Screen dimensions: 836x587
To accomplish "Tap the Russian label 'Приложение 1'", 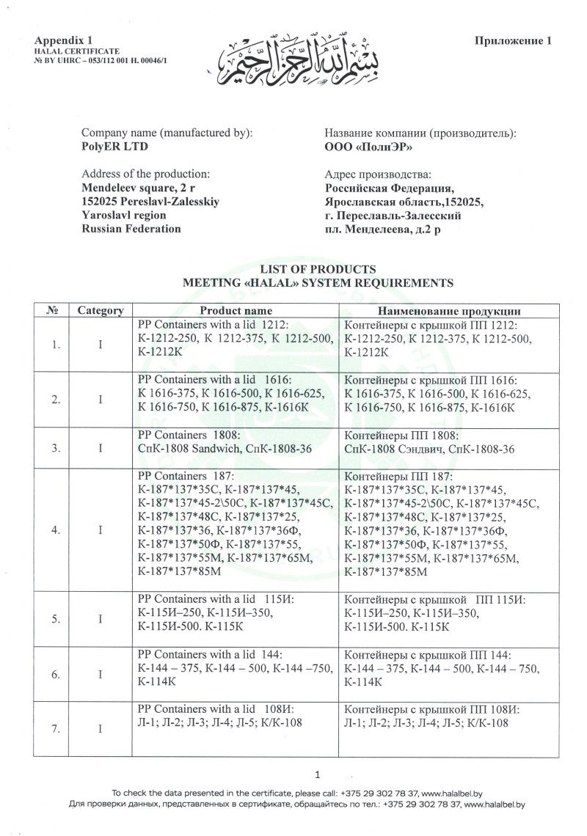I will coord(514,41).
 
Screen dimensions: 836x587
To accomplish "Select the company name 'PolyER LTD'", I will coord(110,146).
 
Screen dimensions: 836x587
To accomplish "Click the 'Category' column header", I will coord(101,310).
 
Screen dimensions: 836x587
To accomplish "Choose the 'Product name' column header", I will coord(236,310).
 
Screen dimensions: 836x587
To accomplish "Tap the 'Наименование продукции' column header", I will coord(449,310).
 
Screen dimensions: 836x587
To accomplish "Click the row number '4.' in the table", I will coord(56,531).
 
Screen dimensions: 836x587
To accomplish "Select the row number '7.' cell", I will coord(56,729).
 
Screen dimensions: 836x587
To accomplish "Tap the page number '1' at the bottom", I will coord(317,774).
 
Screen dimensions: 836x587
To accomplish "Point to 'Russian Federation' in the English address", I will coord(131,228).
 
